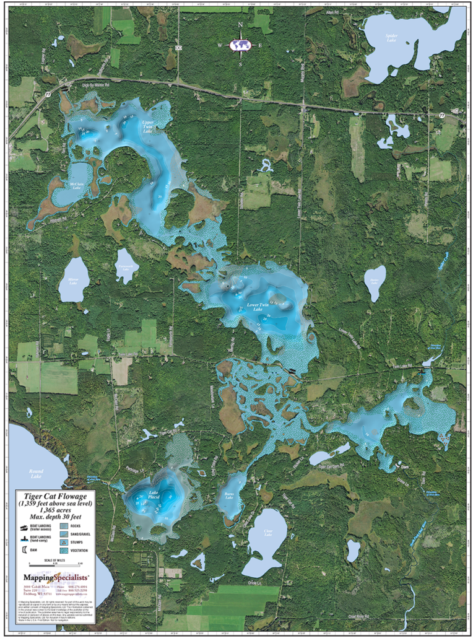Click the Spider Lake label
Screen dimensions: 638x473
point(391,38)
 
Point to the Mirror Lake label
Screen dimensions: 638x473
point(73,281)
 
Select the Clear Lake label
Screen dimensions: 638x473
point(267,532)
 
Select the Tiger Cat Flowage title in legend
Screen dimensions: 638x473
point(56,496)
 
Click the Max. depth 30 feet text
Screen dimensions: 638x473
point(56,515)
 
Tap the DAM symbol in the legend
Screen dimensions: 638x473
point(24,549)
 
